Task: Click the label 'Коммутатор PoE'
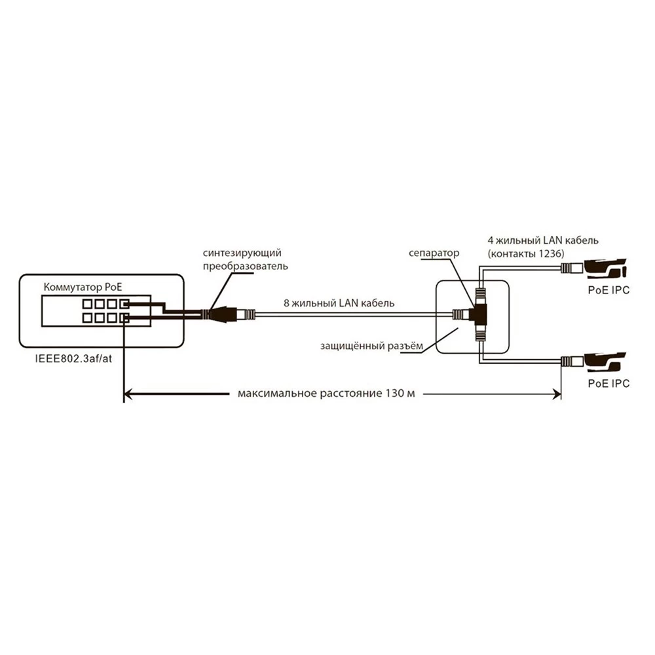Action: [x=82, y=287]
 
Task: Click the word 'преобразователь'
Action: [x=245, y=267]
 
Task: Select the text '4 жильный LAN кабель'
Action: [x=543, y=240]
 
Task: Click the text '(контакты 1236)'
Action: [x=527, y=253]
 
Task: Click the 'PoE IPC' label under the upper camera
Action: [x=608, y=290]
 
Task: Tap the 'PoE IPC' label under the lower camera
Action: [x=608, y=384]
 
